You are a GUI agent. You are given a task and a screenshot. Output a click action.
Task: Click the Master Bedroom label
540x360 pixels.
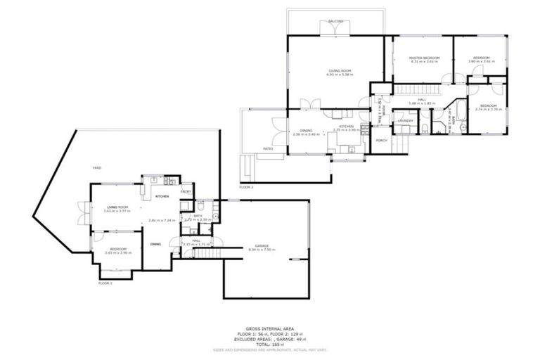pyautogui.click(x=425, y=57)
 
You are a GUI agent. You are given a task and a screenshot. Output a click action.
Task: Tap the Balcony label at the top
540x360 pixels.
pyautogui.click(x=335, y=22)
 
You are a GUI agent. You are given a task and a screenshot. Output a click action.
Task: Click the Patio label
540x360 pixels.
pyautogui.click(x=268, y=149)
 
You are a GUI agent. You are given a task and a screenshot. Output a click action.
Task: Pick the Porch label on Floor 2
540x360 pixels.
pyautogui.click(x=381, y=141)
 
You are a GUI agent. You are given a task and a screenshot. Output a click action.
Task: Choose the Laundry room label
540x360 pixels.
pyautogui.click(x=405, y=121)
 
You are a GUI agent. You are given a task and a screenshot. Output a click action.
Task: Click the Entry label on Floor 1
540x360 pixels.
pyautogui.click(x=186, y=191)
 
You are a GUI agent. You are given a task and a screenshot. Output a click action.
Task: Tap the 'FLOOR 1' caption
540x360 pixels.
pyautogui.click(x=105, y=283)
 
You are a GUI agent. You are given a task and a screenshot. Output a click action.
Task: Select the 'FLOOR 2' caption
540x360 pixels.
pyautogui.click(x=246, y=187)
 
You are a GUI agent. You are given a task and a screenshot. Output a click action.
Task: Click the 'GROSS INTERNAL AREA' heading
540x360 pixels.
pyautogui.click(x=270, y=328)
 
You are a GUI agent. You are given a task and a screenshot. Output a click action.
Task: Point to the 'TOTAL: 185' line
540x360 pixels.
pyautogui.click(x=270, y=344)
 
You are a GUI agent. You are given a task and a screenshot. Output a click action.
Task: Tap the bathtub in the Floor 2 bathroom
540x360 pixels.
pyautogui.click(x=460, y=118)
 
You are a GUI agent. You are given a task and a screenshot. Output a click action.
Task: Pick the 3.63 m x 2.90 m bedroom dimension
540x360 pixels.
pyautogui.click(x=115, y=252)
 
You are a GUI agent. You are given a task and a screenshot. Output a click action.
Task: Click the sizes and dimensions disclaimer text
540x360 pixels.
pyautogui.click(x=270, y=349)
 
